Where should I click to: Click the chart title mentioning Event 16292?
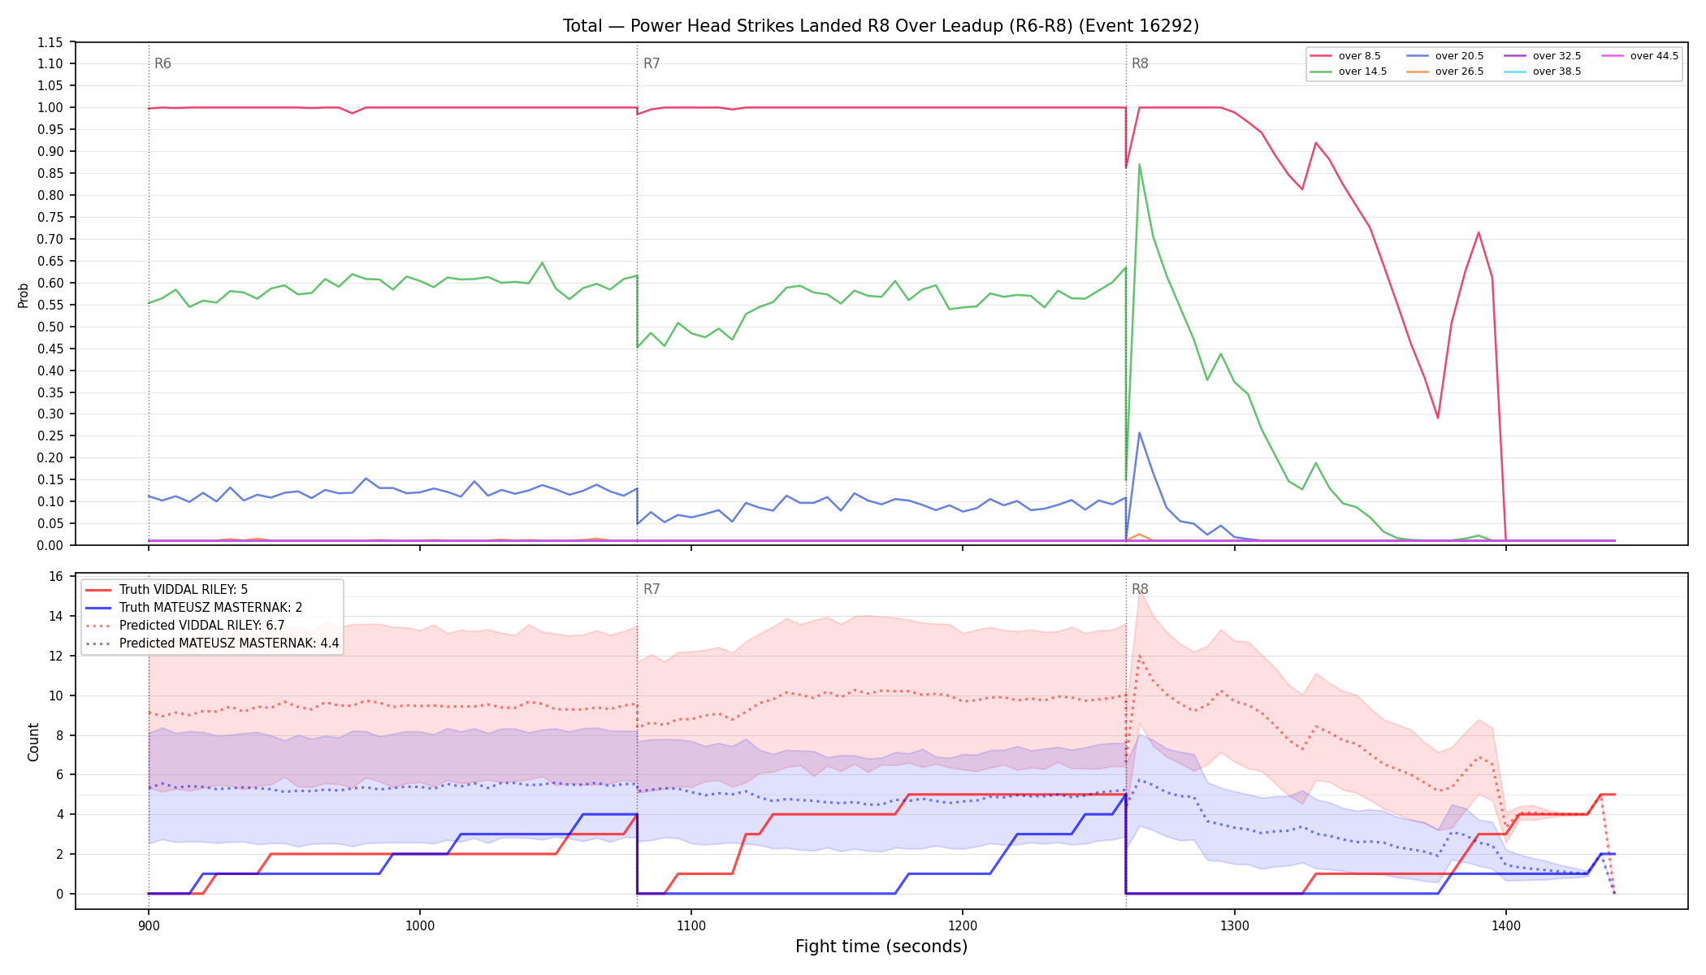tap(881, 26)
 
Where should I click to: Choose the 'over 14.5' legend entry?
tap(1348, 71)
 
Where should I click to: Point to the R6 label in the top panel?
tap(162, 63)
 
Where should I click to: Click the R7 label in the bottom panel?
tap(652, 589)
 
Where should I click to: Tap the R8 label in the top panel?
tap(1140, 63)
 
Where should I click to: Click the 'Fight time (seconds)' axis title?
tap(881, 947)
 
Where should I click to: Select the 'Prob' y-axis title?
tap(24, 295)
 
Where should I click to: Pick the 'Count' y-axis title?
tap(33, 742)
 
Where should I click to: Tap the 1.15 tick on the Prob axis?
tap(50, 42)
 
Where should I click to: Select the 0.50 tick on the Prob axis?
tap(50, 327)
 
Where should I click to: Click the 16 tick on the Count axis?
tap(56, 577)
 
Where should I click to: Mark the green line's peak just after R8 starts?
tap(1139, 165)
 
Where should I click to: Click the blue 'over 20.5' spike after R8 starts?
tap(1139, 432)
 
